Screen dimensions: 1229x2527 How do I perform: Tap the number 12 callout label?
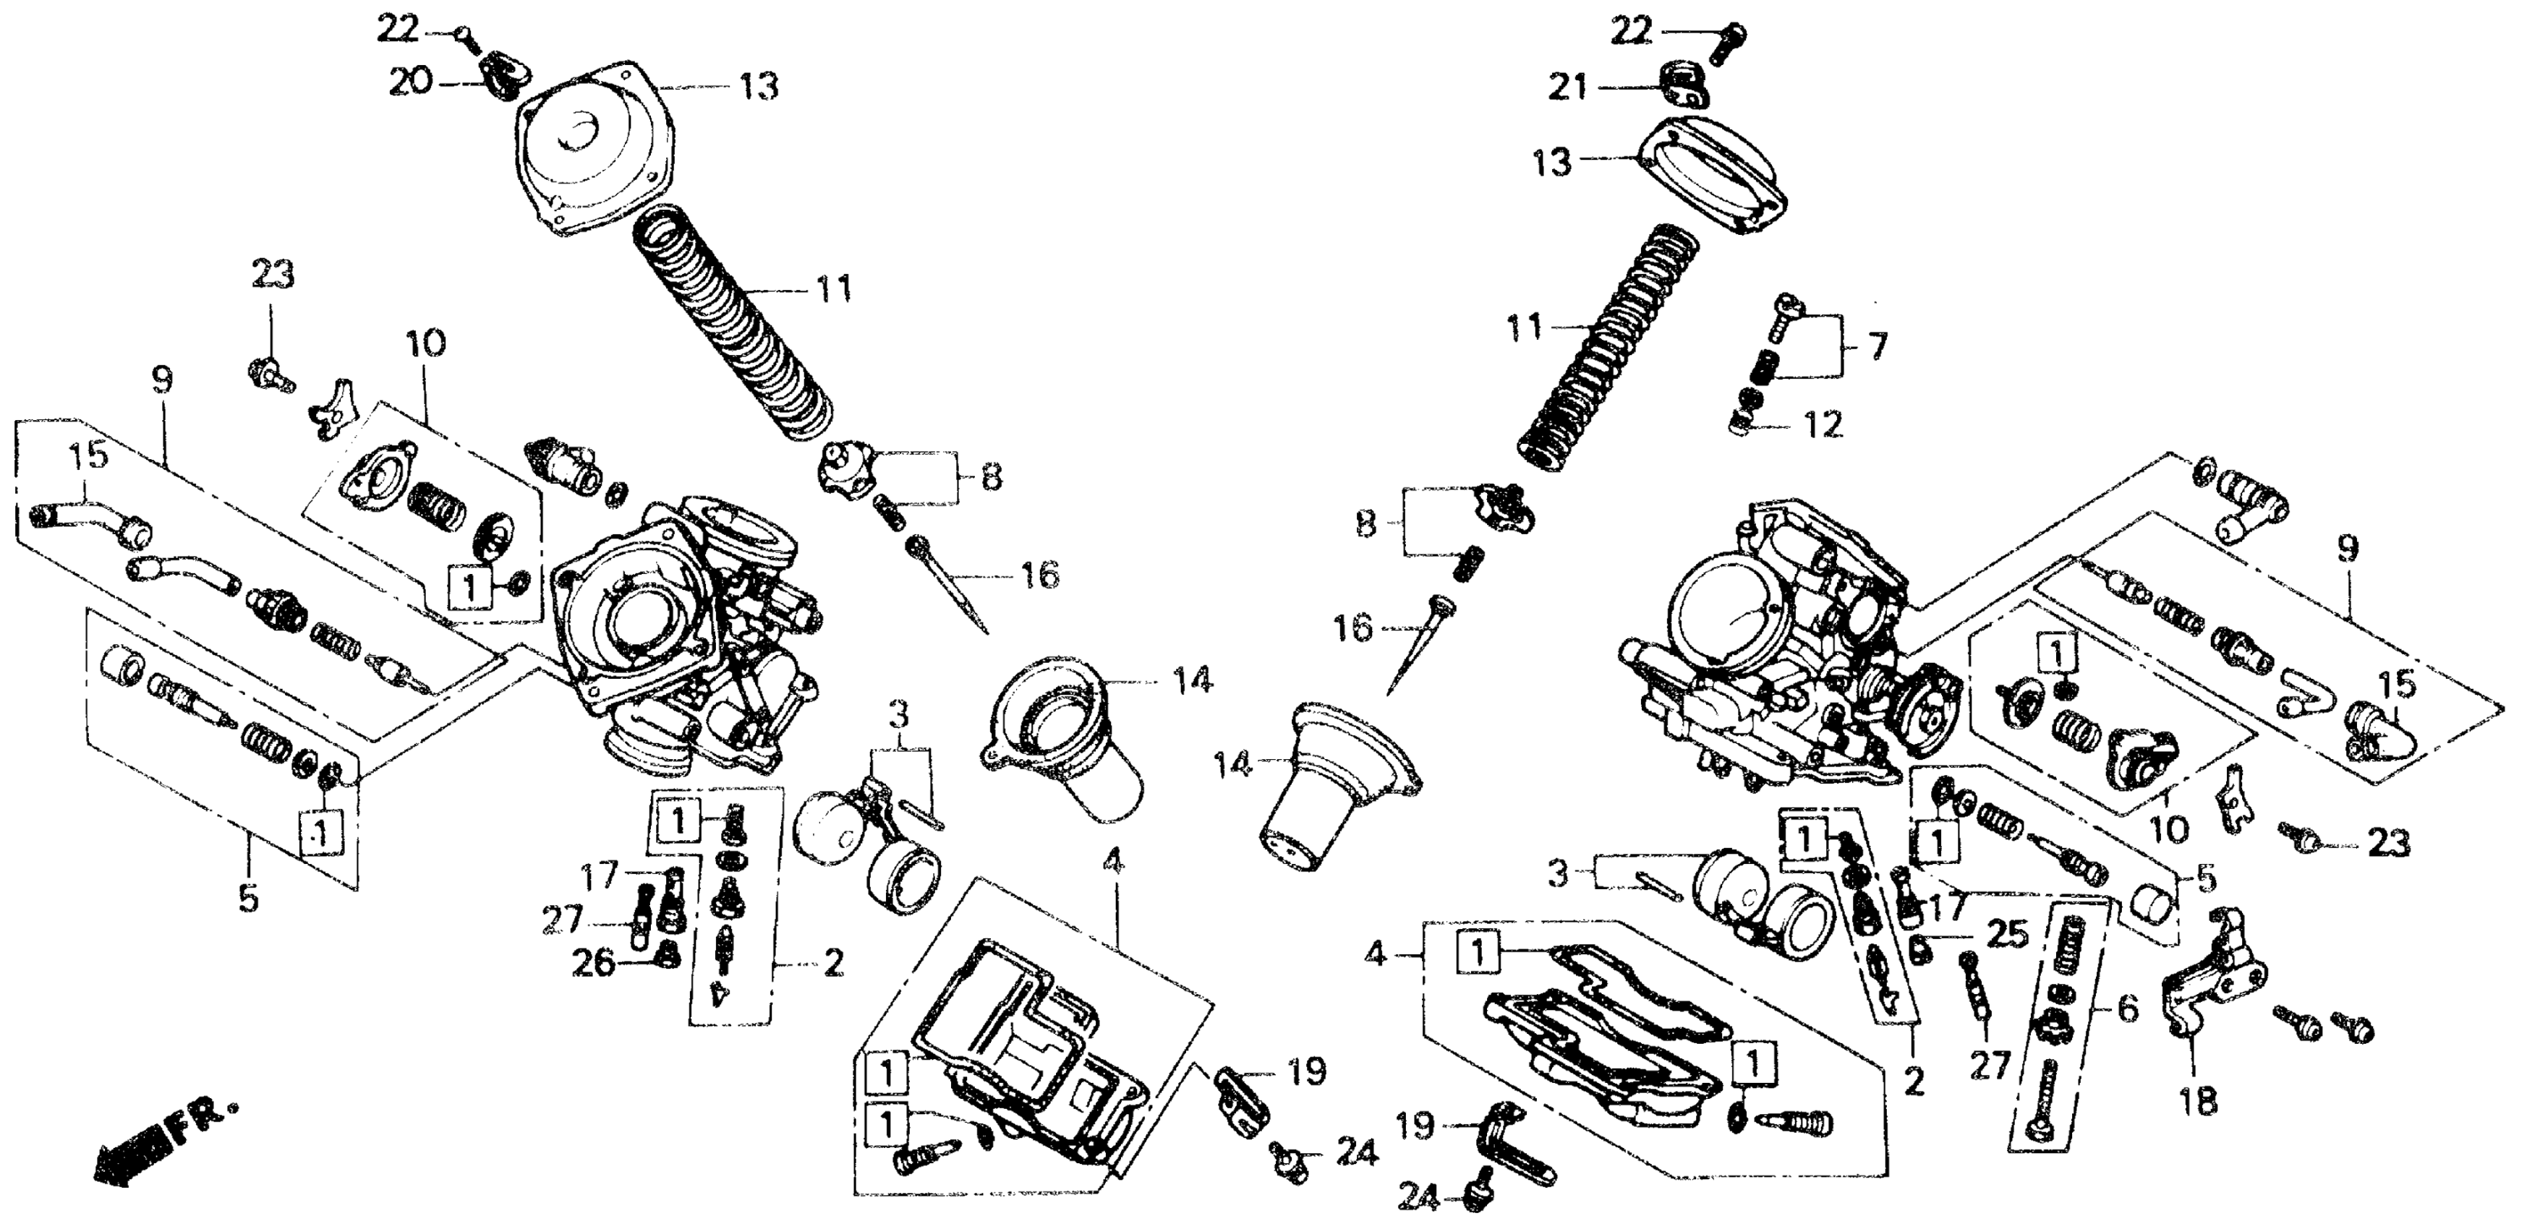coord(1823,424)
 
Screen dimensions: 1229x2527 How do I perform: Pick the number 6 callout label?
coord(2127,1009)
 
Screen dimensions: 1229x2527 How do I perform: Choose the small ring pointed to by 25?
coord(1919,948)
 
